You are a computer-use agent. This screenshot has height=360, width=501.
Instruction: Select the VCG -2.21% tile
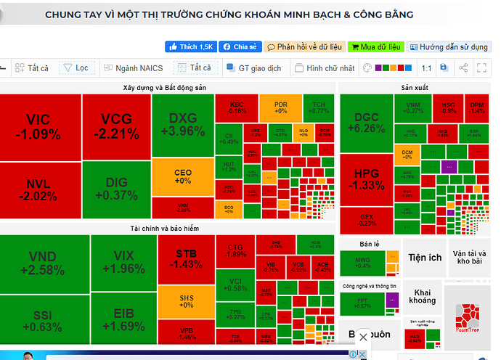116,126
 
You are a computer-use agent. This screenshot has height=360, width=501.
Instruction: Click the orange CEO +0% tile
183,176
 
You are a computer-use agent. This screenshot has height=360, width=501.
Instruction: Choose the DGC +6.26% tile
367,123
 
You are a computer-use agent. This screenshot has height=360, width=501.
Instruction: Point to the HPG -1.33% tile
367,179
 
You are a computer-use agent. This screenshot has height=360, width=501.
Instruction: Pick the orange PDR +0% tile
280,107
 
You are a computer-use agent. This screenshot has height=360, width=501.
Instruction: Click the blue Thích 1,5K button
191,46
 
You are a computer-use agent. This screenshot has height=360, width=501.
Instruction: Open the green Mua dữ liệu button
375,46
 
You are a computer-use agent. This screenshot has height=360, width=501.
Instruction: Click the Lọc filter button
76,68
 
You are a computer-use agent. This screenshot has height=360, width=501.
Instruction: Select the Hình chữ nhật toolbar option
325,68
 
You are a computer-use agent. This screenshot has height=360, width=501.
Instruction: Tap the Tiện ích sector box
425,258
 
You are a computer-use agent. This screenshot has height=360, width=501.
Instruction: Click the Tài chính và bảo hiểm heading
166,228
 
